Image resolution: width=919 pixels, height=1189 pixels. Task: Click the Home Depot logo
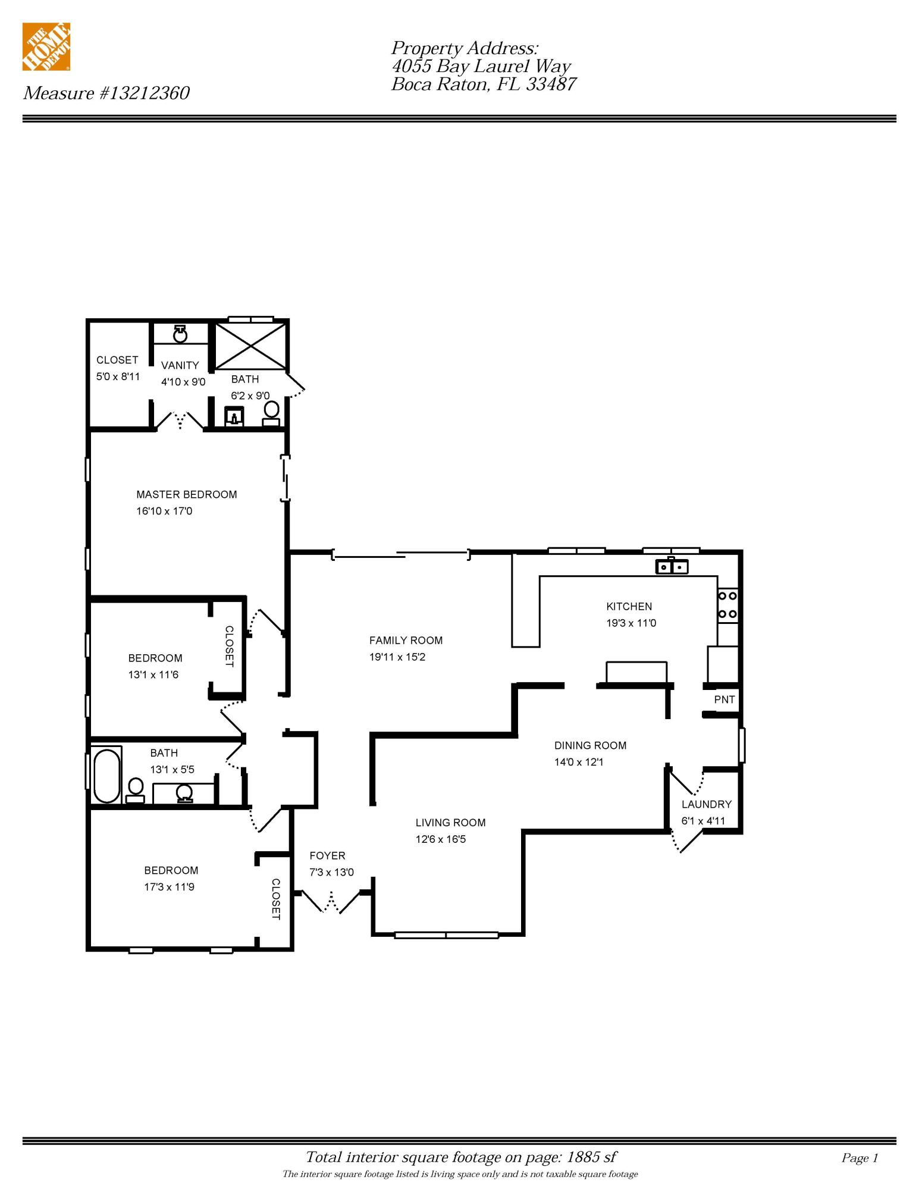(x=46, y=47)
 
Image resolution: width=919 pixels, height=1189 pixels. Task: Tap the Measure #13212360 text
(x=106, y=93)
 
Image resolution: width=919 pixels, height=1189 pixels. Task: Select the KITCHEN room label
(x=629, y=607)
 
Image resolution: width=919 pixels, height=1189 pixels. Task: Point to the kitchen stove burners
(x=727, y=605)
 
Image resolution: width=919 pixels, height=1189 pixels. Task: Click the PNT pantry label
(x=724, y=699)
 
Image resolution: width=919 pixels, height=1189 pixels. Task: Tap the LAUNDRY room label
(x=707, y=804)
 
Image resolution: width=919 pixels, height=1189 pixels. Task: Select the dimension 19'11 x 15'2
(x=397, y=657)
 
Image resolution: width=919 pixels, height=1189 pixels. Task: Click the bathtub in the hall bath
(x=107, y=776)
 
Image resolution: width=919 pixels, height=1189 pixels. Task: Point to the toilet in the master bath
(x=271, y=413)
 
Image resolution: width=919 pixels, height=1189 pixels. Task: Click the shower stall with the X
(x=250, y=346)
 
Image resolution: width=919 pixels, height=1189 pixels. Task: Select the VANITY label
(x=180, y=365)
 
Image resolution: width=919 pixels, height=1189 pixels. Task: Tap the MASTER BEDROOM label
(x=187, y=494)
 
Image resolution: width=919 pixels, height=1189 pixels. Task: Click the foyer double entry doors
(x=331, y=901)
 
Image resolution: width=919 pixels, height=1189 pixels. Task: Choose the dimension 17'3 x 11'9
(x=169, y=887)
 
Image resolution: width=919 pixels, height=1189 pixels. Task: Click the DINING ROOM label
(x=590, y=745)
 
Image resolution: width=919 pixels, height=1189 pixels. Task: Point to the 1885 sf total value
(x=591, y=1157)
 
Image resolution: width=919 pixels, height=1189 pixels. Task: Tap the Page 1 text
(x=860, y=1157)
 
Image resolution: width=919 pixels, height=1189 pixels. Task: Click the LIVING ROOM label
(x=450, y=823)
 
